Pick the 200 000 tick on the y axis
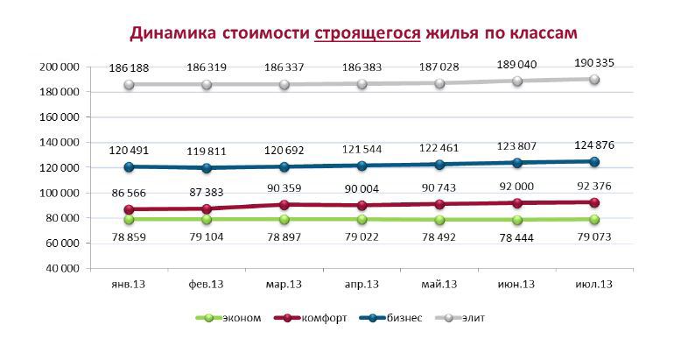tap(60, 67)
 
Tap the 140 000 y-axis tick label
tap(60, 142)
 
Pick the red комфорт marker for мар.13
tap(277, 205)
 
